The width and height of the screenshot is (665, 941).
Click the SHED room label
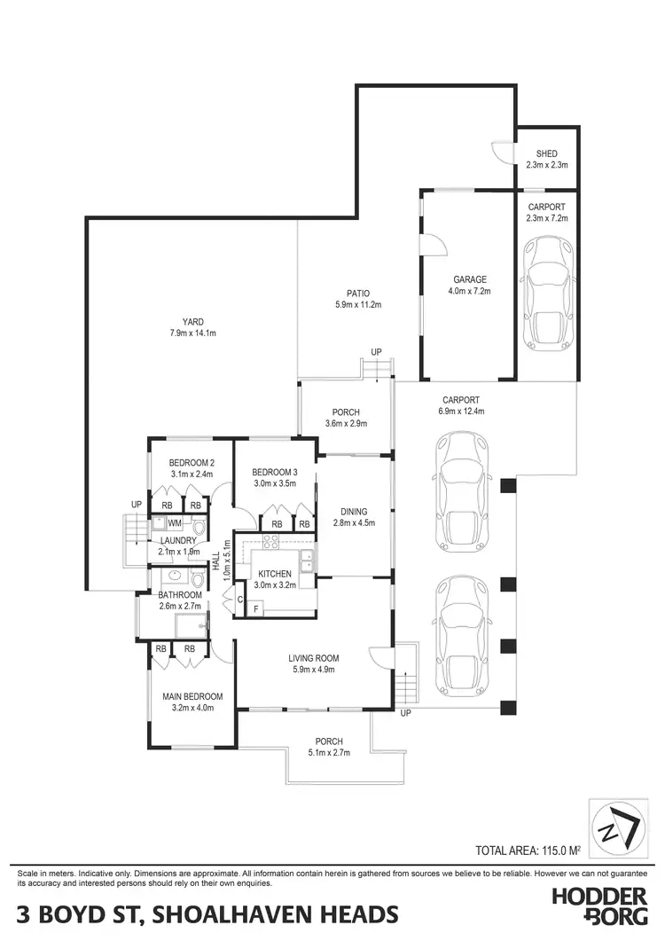pos(546,154)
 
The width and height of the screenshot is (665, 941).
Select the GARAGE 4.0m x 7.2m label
pos(467,285)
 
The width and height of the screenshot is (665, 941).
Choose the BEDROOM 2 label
pos(192,462)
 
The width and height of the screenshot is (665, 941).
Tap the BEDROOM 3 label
pos(273,472)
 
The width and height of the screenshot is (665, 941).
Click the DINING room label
pos(353,512)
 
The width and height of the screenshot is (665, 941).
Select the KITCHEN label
pos(275,574)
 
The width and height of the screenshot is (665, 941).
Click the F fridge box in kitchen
pos(257,609)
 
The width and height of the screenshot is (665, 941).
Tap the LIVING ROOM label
pos(314,658)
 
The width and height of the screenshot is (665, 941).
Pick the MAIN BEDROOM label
pos(192,696)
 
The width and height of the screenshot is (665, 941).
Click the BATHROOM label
pos(181,595)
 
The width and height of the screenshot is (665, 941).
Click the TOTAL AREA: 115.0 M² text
pos(528,851)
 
